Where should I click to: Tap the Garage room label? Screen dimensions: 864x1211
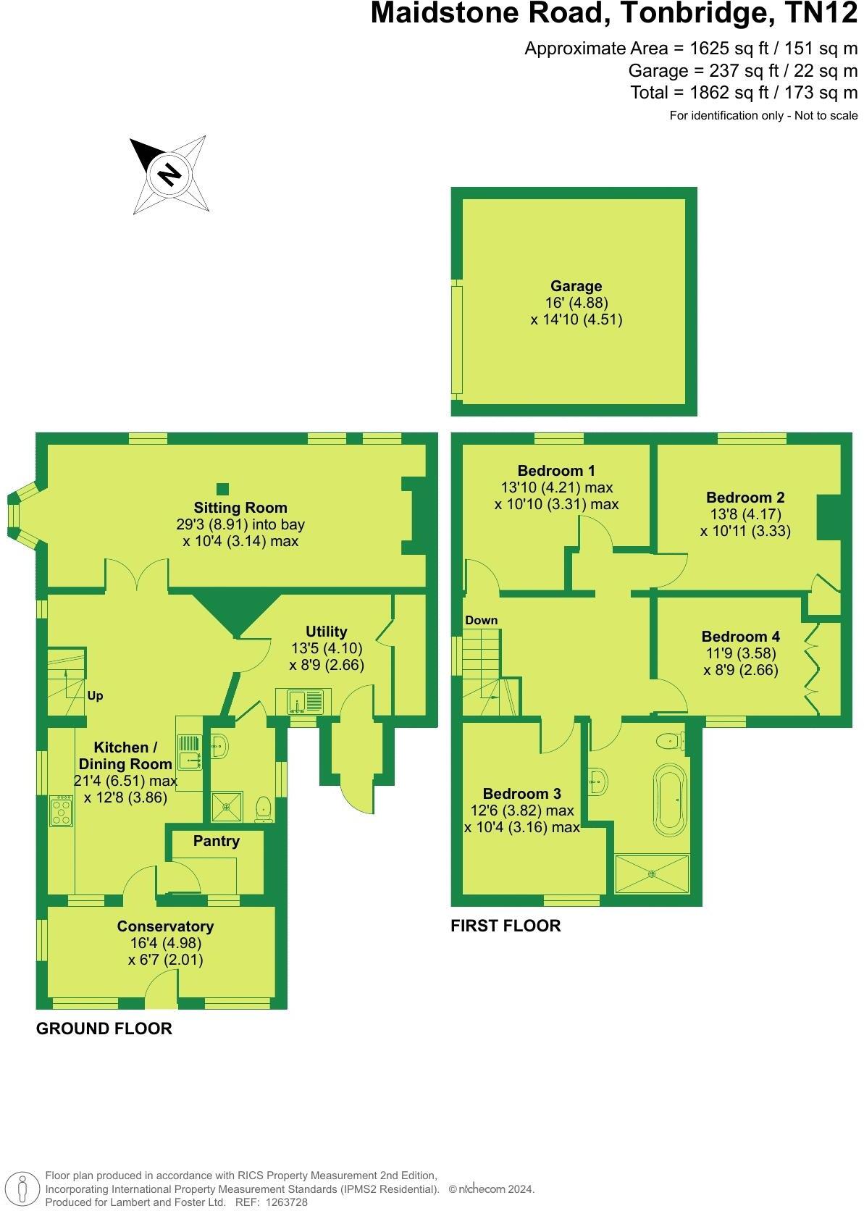click(576, 286)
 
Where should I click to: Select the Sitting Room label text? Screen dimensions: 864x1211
click(240, 508)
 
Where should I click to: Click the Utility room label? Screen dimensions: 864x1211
click(326, 632)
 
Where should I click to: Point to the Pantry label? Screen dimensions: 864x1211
click(216, 841)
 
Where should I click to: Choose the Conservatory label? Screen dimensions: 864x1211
click(165, 926)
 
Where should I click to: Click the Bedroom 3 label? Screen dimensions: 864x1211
click(522, 794)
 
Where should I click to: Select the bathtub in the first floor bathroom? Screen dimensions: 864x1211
click(668, 800)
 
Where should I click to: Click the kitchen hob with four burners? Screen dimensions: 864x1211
click(61, 812)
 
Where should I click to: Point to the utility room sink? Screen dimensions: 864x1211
click(305, 702)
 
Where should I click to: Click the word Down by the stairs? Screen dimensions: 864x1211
click(482, 620)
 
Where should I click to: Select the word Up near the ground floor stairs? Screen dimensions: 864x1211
click(95, 696)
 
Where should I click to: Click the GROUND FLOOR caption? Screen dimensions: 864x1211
click(104, 1028)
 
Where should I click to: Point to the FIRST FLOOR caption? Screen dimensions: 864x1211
click(506, 926)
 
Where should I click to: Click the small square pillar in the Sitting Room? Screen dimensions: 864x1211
click(223, 489)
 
